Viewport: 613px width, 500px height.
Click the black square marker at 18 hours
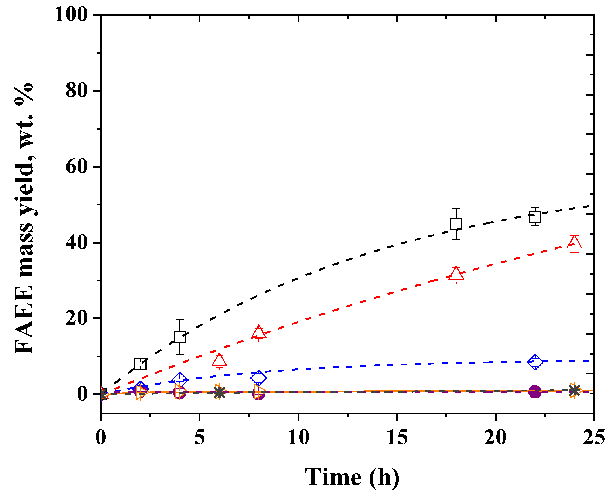tap(456, 223)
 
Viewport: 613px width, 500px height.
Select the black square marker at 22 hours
tap(535, 217)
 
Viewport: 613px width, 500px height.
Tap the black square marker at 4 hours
tap(180, 336)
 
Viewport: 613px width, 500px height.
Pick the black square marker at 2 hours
tap(141, 364)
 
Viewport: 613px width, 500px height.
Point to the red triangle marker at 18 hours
tap(456, 274)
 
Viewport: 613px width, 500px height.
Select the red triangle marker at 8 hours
tap(259, 333)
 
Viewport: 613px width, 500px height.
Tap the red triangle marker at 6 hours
tap(219, 360)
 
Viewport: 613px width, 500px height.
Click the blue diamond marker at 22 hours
tap(535, 362)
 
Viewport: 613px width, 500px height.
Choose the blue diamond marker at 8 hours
tap(259, 378)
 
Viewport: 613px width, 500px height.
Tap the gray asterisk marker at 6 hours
tap(219, 392)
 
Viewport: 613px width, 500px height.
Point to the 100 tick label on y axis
tap(71, 14)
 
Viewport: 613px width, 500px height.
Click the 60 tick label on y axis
tap(76, 166)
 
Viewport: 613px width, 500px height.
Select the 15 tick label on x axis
tap(397, 437)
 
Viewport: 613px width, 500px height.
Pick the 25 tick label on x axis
tap(594, 437)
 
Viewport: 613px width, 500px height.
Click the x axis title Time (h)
tap(352, 477)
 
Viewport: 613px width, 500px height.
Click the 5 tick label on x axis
tap(200, 437)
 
